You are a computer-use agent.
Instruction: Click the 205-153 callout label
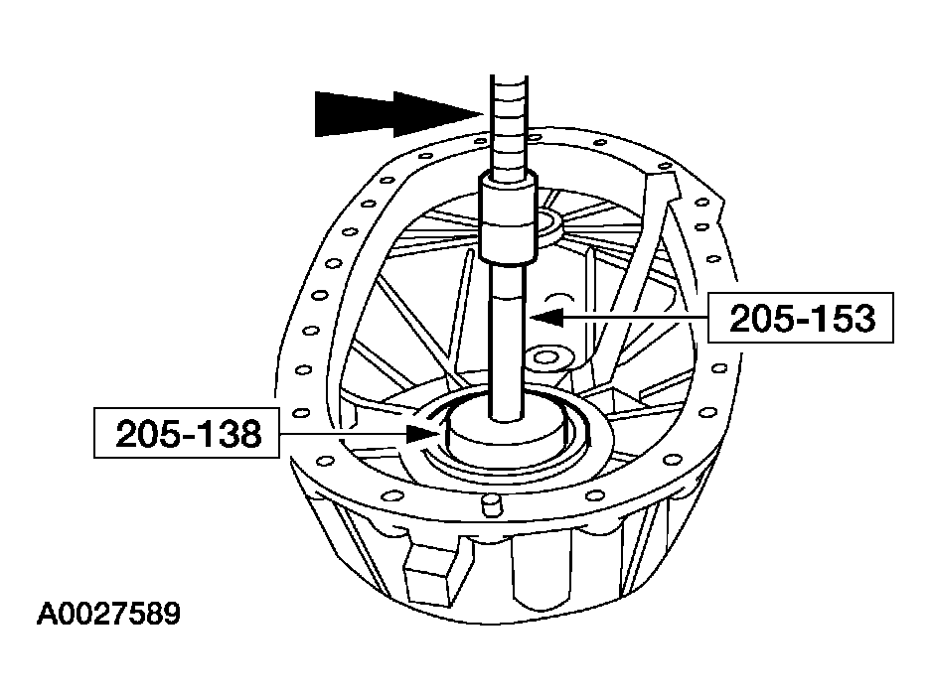click(x=801, y=318)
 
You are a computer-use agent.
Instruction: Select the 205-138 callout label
click(x=186, y=433)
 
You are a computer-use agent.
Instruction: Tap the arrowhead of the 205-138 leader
click(x=422, y=433)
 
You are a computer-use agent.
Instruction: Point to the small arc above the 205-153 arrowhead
click(x=559, y=296)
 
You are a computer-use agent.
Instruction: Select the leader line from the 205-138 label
click(x=348, y=433)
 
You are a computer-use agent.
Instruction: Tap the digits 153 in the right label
click(x=838, y=318)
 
